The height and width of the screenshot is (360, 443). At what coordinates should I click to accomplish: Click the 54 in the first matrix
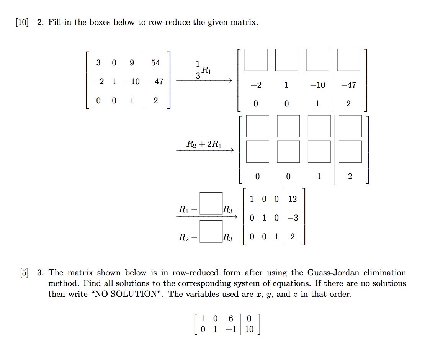tap(155, 62)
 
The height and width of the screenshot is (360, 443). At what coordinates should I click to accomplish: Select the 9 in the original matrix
tap(132, 62)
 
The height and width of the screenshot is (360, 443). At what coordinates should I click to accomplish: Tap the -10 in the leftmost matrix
tap(132, 82)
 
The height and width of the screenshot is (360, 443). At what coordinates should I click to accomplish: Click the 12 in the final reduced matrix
tap(293, 199)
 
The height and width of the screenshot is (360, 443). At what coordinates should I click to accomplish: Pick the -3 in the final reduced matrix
tap(293, 218)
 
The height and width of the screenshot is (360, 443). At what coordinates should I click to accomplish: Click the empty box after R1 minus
tap(211, 203)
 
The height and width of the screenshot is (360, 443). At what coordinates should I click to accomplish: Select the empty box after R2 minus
tap(211, 231)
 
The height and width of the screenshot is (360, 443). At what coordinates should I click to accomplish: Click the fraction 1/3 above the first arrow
tap(198, 70)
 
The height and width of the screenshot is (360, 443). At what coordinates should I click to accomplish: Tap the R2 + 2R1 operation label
tap(204, 144)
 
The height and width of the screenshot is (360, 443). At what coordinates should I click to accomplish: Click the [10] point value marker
tap(22, 22)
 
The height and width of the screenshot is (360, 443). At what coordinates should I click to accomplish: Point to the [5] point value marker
tap(27, 273)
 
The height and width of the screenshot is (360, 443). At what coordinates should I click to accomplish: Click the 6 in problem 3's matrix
tap(230, 318)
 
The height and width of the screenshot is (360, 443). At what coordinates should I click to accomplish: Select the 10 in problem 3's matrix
tap(249, 329)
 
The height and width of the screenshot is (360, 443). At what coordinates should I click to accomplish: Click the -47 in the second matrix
tap(348, 85)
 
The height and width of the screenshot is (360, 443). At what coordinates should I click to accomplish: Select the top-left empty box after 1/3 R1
tap(256, 60)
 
